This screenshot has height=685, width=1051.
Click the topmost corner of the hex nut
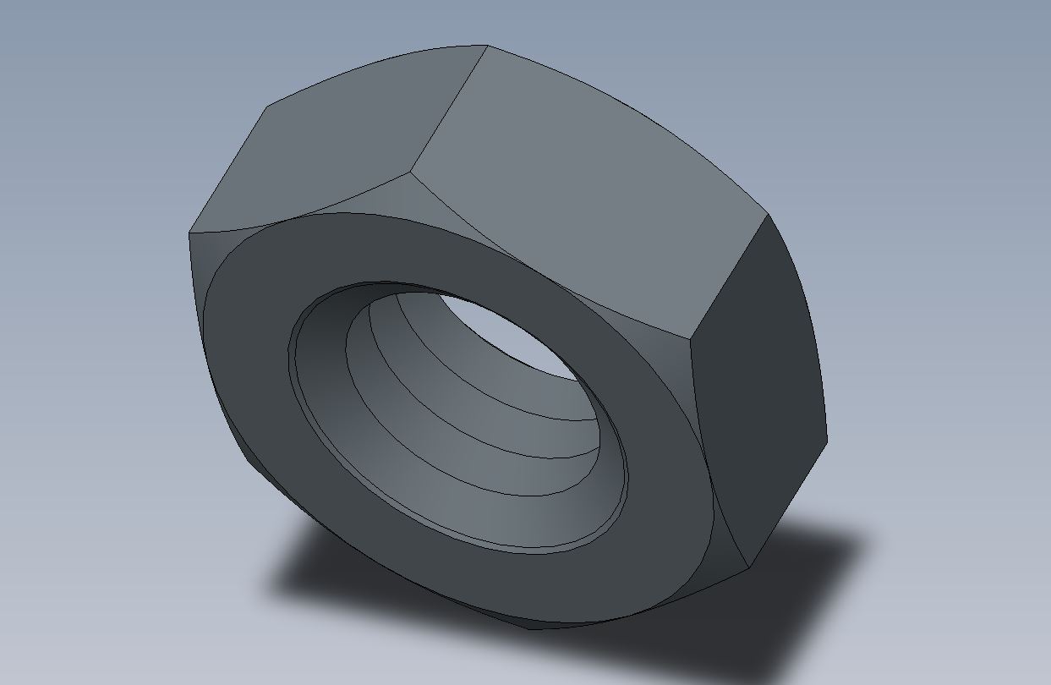coord(487,46)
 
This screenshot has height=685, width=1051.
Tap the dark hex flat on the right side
coord(757,389)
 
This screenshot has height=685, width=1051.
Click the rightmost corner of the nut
coord(826,440)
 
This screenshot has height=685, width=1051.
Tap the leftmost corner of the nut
coord(189,234)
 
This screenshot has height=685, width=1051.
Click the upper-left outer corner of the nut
coord(268,107)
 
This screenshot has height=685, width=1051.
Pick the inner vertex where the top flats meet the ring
coord(411,173)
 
